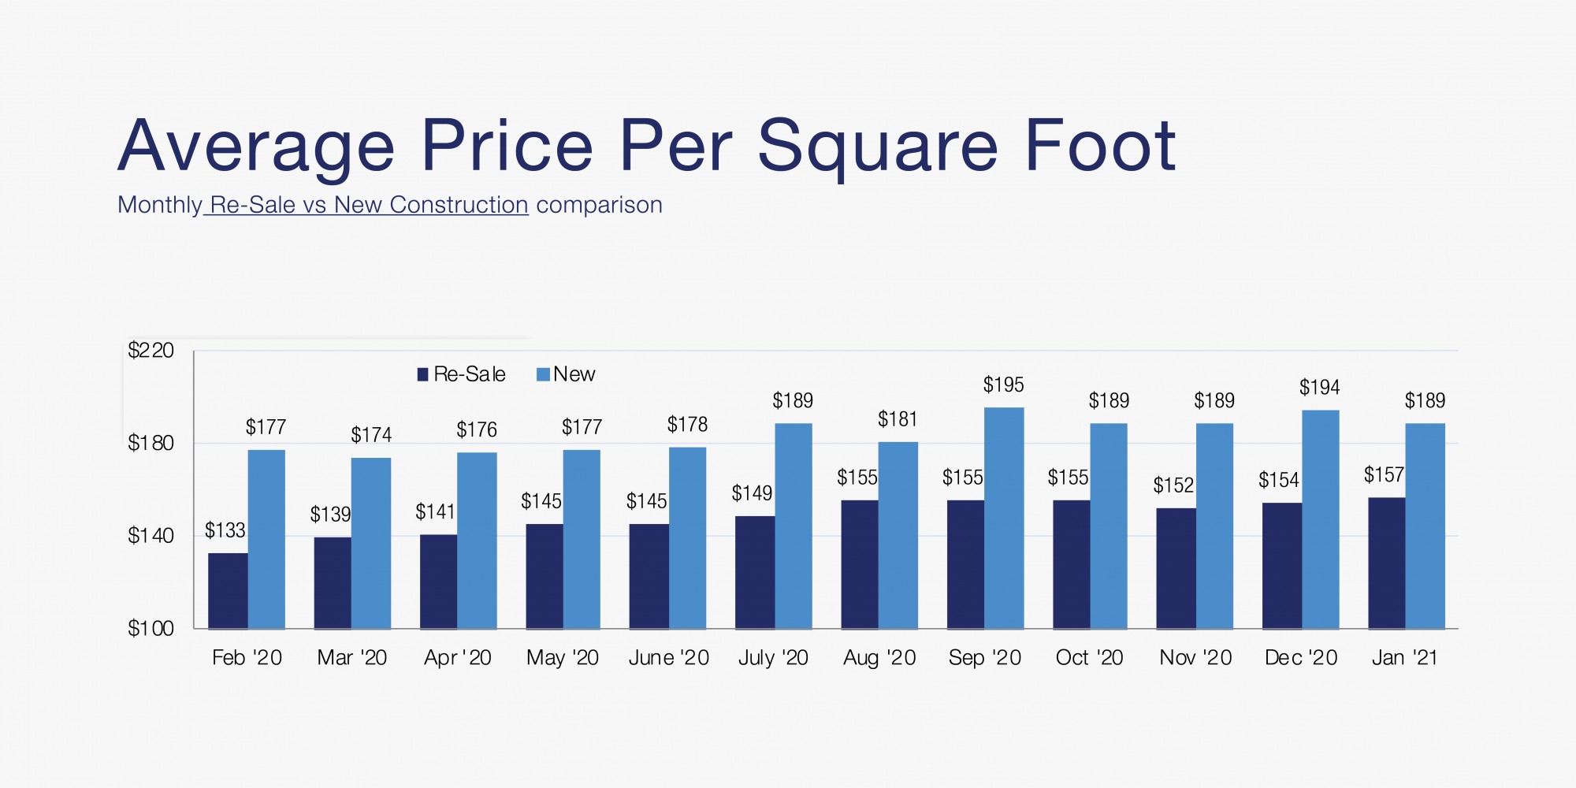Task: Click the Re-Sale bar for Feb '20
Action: [228, 591]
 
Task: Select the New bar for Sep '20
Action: [1004, 518]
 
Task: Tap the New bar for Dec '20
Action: [1320, 519]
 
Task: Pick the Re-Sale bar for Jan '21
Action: [1386, 563]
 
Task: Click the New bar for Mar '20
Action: [371, 543]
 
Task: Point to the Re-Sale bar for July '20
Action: [754, 572]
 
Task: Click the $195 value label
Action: [1003, 385]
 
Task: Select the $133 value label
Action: [225, 530]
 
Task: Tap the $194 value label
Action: [1319, 388]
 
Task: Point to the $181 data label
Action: [898, 419]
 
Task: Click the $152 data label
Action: [1173, 485]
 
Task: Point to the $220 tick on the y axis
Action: [151, 350]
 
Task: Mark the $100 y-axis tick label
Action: [151, 628]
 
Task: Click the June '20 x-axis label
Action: [668, 658]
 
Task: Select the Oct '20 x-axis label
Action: [1089, 658]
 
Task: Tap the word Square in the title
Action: [877, 147]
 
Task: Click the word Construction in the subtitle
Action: [459, 205]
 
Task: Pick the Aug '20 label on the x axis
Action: [879, 658]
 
